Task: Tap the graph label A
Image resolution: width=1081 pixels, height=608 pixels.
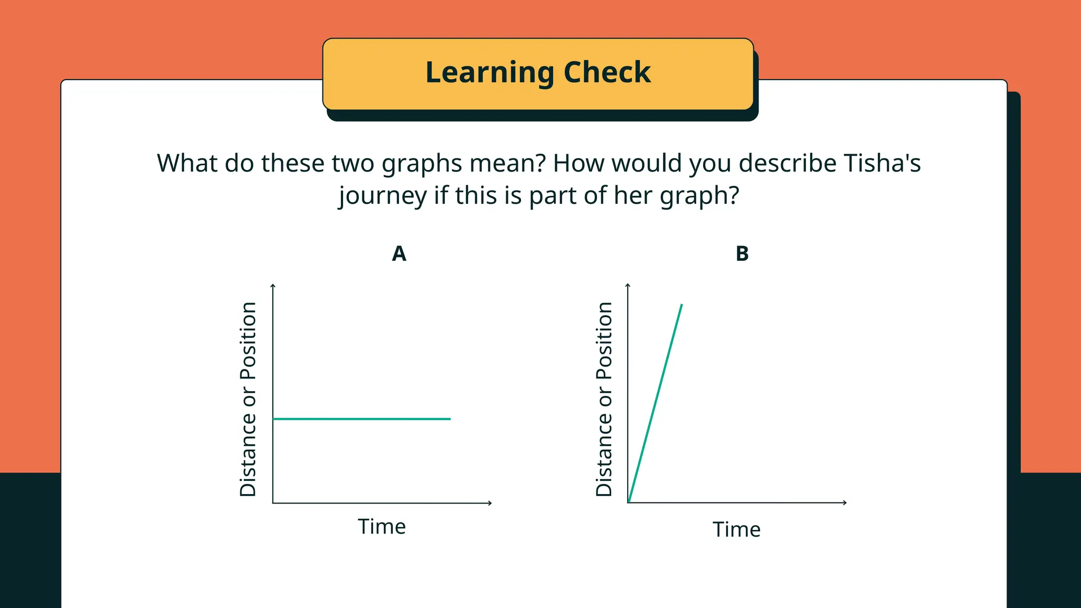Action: (399, 254)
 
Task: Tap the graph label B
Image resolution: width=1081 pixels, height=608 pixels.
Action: (742, 254)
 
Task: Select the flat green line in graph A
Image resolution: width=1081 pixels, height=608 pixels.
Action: (362, 419)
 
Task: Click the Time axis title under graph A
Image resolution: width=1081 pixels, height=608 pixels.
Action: (382, 527)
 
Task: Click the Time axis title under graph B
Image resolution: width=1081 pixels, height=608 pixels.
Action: (736, 529)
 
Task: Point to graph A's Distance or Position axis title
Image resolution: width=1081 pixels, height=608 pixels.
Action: (248, 399)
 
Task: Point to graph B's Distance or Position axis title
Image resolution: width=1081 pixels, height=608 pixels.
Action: (604, 399)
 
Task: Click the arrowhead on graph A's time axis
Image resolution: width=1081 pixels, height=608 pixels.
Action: (490, 503)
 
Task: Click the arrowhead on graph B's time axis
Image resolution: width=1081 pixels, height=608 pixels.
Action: (845, 502)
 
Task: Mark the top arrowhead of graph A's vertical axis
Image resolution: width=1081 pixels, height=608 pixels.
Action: (273, 286)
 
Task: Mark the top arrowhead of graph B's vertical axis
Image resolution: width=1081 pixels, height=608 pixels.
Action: (628, 286)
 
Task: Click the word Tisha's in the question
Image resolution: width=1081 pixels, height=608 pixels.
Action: (882, 163)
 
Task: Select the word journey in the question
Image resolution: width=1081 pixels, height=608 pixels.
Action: (383, 196)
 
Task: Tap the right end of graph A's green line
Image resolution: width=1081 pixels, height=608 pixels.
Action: (450, 419)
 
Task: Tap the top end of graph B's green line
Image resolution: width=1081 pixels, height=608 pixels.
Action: (681, 305)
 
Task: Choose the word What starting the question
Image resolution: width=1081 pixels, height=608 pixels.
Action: (187, 163)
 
